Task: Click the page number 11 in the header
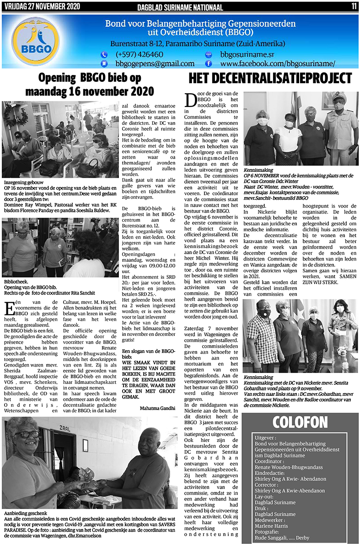[354, 6]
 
